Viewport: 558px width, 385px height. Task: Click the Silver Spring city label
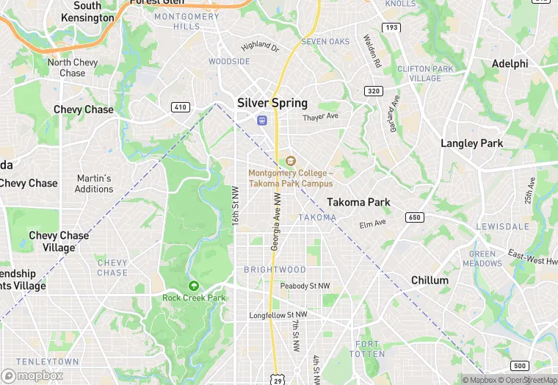coord(272,103)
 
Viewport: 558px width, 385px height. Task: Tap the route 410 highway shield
coord(180,107)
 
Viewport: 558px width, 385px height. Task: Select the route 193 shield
coord(392,28)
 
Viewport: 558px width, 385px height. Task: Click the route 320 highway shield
coord(373,91)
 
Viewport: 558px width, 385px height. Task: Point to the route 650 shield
coord(415,217)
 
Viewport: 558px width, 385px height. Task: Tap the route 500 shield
coord(520,366)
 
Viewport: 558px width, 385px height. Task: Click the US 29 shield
coord(277,379)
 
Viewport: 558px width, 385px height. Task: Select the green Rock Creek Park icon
coord(193,286)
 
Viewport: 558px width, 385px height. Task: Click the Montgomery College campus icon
coord(290,161)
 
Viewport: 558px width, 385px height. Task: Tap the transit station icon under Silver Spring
coord(261,120)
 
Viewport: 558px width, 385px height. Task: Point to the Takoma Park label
coord(358,202)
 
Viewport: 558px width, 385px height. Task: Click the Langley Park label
coord(471,143)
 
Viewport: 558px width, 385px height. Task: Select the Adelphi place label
coord(510,64)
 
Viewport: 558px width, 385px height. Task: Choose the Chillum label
coord(430,281)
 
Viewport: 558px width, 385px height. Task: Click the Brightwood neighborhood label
coord(275,270)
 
